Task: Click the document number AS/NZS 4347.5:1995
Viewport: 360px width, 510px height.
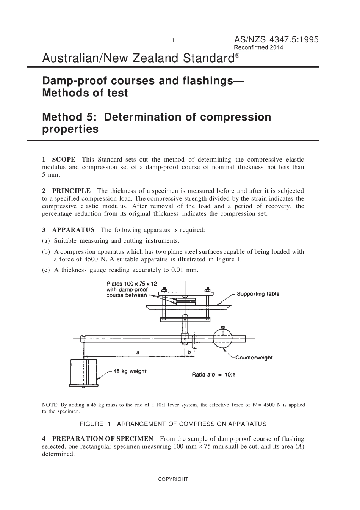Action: [276, 39]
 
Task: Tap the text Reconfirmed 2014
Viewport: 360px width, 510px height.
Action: [258, 48]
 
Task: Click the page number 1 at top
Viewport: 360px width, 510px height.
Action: [173, 41]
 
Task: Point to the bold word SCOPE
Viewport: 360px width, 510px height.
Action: [63, 159]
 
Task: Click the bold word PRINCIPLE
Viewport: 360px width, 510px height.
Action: [71, 191]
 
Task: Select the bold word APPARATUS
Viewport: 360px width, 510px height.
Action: [74, 230]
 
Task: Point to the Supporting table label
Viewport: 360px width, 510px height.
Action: [258, 294]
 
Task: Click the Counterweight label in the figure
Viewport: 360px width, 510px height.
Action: [254, 358]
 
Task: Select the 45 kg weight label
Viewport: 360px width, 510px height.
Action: [130, 371]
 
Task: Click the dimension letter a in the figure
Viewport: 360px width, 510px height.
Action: [138, 352]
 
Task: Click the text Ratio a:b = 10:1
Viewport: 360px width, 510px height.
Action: [213, 375]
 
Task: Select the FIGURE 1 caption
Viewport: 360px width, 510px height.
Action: [173, 424]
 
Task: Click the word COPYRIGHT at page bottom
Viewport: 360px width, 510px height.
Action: [173, 479]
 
